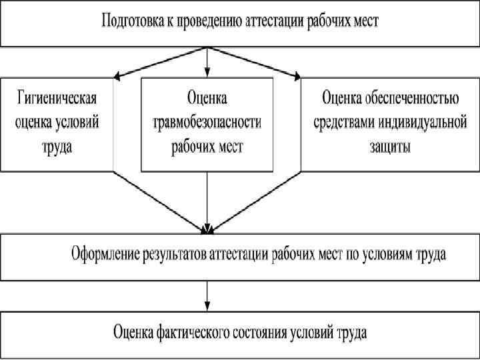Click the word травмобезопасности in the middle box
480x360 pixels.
[x=207, y=123]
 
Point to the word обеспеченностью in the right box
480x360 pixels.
[x=412, y=100]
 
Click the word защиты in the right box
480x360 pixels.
[x=390, y=146]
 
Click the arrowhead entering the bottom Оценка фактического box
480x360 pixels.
[x=207, y=306]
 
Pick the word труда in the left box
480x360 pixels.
[x=57, y=146]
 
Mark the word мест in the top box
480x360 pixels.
[x=365, y=21]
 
